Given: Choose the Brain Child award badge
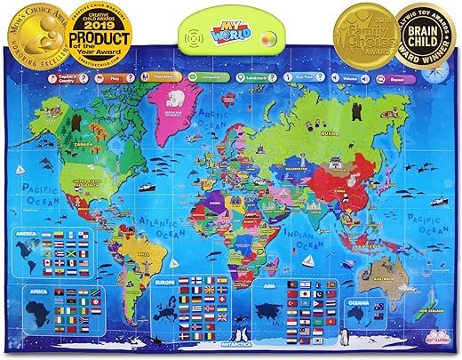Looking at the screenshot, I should pyautogui.click(x=425, y=40).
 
